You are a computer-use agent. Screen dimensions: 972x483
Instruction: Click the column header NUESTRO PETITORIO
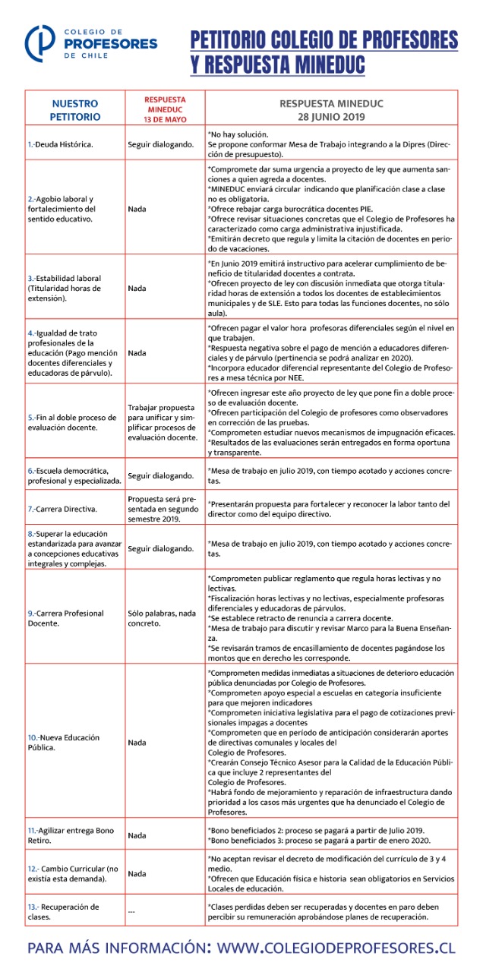(75, 110)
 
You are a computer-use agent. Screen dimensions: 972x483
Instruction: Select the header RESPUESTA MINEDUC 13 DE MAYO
(165, 109)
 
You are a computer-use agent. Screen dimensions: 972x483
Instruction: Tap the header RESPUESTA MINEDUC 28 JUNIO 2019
(333, 110)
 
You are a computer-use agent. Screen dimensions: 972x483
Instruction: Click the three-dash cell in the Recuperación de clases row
(131, 912)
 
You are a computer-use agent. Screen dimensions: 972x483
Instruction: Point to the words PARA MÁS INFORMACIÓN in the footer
(119, 948)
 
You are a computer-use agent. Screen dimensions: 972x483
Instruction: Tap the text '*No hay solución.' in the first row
(238, 134)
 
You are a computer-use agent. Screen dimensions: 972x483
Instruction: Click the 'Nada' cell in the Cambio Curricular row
(137, 873)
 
